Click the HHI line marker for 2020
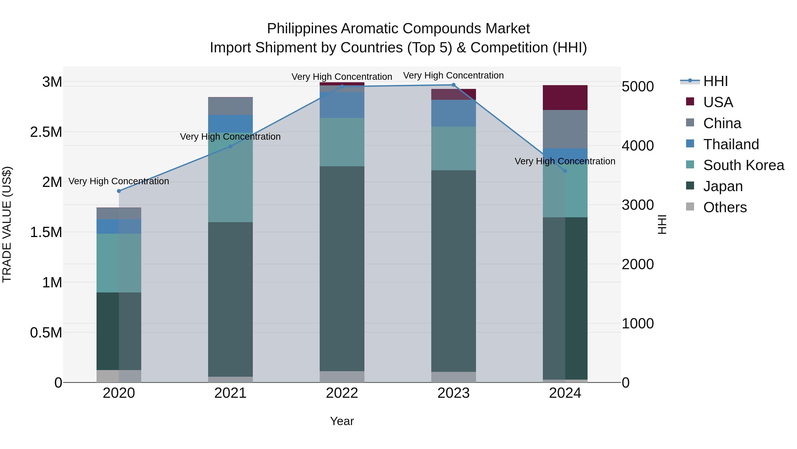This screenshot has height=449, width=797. coord(119,191)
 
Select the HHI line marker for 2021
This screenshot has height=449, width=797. coord(230,146)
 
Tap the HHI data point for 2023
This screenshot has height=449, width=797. coord(454,85)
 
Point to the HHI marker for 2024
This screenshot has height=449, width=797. coord(565,171)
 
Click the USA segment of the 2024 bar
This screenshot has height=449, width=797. coord(565,98)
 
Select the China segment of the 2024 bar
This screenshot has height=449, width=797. coord(565,129)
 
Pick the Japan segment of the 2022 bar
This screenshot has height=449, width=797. coord(342,268)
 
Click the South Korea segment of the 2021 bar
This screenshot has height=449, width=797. coord(230,177)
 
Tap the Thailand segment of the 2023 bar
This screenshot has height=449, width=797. coord(454,113)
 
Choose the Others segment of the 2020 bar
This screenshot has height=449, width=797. coord(119,376)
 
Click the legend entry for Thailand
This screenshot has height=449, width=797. coord(731,144)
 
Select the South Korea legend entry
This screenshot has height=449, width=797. coord(743,165)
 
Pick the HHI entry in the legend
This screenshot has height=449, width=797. coord(715,81)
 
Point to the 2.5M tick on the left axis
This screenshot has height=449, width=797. coord(46,132)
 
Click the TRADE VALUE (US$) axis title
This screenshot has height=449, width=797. coord(7,224)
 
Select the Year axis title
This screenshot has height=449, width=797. coord(342,421)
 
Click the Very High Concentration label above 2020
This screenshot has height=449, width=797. coord(119,181)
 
